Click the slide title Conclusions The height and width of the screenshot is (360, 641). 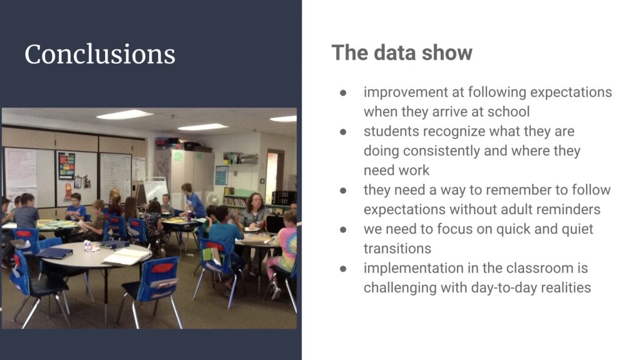click(100, 54)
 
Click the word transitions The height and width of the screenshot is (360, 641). click(397, 249)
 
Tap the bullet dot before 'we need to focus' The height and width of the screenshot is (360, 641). click(343, 230)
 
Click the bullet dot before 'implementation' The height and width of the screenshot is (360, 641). click(343, 269)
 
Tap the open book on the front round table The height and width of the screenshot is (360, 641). click(126, 256)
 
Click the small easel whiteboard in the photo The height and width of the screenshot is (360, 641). click(155, 190)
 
